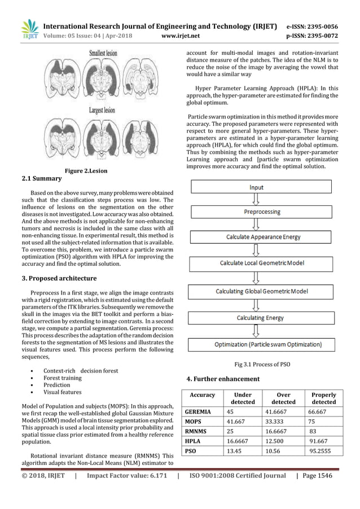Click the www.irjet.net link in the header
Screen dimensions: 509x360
[x=178, y=36]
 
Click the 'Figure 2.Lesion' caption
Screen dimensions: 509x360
[x=86, y=170]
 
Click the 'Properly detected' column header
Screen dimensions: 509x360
[x=323, y=398]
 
